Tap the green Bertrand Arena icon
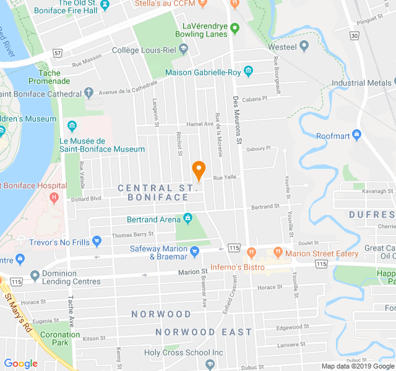click(x=187, y=219)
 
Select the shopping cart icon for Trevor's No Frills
click(x=97, y=241)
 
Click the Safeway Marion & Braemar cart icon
click(x=195, y=251)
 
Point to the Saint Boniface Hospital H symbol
click(x=54, y=197)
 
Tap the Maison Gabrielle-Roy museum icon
click(x=249, y=72)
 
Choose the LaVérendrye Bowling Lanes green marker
click(x=235, y=28)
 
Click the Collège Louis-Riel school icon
click(x=184, y=50)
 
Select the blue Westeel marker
click(x=304, y=46)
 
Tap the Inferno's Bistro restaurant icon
click(x=251, y=252)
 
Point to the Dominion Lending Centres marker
click(x=34, y=275)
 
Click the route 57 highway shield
click(x=58, y=53)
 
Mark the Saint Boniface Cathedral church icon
click(x=89, y=93)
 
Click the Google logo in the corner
click(x=21, y=364)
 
